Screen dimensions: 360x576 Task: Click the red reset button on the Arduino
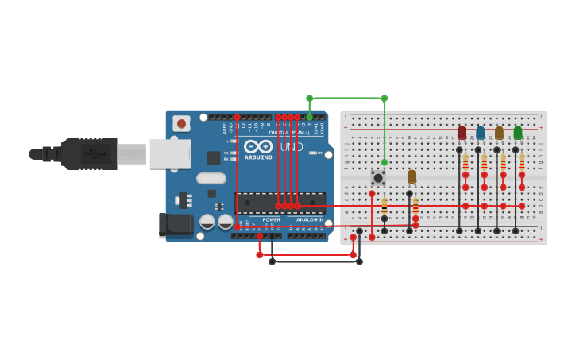click(x=181, y=123)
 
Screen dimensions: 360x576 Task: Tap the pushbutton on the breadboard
click(x=378, y=178)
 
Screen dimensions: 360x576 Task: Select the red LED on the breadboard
click(x=462, y=132)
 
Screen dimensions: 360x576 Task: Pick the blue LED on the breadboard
click(x=480, y=132)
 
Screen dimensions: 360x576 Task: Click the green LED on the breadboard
click(x=518, y=132)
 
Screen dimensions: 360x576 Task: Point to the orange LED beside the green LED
click(x=499, y=132)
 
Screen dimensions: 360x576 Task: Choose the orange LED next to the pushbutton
click(x=412, y=176)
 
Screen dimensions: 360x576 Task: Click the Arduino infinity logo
click(x=258, y=146)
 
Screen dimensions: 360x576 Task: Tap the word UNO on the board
click(x=291, y=147)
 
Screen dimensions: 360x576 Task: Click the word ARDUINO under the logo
click(x=258, y=157)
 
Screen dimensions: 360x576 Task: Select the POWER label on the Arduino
click(x=272, y=219)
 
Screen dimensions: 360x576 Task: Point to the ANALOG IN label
click(x=310, y=219)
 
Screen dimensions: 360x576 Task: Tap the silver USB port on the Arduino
click(x=169, y=153)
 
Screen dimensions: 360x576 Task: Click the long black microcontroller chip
click(x=280, y=202)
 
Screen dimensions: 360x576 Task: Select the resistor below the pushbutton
click(x=385, y=206)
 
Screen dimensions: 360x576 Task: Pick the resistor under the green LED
click(x=522, y=162)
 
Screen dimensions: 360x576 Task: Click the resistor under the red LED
click(x=466, y=162)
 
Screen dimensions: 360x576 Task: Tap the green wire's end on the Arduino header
click(x=310, y=118)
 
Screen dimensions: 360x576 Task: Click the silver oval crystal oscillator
click(x=211, y=179)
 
